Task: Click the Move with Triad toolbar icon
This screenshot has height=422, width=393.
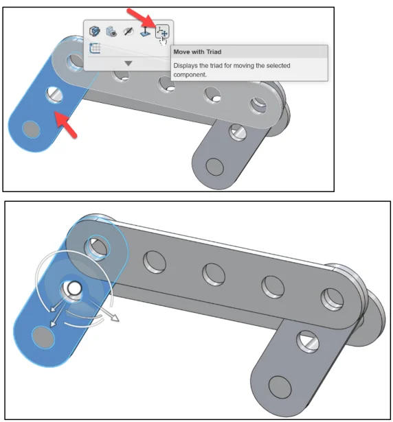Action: [x=163, y=32]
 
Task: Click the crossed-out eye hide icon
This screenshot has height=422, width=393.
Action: [x=128, y=32]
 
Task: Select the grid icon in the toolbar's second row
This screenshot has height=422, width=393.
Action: [x=95, y=48]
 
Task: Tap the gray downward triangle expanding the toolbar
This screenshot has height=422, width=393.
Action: [x=128, y=64]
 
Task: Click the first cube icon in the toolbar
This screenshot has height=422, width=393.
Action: [x=95, y=31]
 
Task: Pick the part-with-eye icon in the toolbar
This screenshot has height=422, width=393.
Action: [x=111, y=32]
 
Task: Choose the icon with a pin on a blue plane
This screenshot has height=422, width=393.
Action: [x=145, y=32]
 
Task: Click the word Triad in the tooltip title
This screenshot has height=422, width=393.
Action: [x=214, y=51]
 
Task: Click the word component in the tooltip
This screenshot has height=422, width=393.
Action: [x=190, y=75]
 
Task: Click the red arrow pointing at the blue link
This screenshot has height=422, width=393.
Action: [x=66, y=124]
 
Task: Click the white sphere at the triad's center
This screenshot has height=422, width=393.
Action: [x=74, y=288]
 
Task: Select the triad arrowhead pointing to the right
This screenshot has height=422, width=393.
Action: [x=115, y=318]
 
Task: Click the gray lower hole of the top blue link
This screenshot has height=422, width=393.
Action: [x=32, y=130]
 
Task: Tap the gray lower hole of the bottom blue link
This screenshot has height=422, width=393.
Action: [x=43, y=338]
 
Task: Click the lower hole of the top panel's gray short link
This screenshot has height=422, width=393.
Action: [x=214, y=167]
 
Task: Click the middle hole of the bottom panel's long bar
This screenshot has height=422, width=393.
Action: [x=214, y=274]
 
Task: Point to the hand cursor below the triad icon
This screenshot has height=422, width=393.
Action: [x=163, y=41]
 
